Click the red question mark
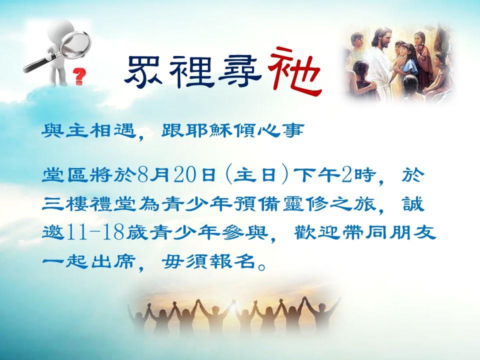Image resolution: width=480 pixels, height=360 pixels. [79, 76]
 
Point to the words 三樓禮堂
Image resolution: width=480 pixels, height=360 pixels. [88, 204]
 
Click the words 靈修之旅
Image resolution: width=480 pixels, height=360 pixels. [329, 204]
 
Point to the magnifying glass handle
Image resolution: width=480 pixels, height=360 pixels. [39, 63]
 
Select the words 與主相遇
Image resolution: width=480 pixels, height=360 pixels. [88, 131]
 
